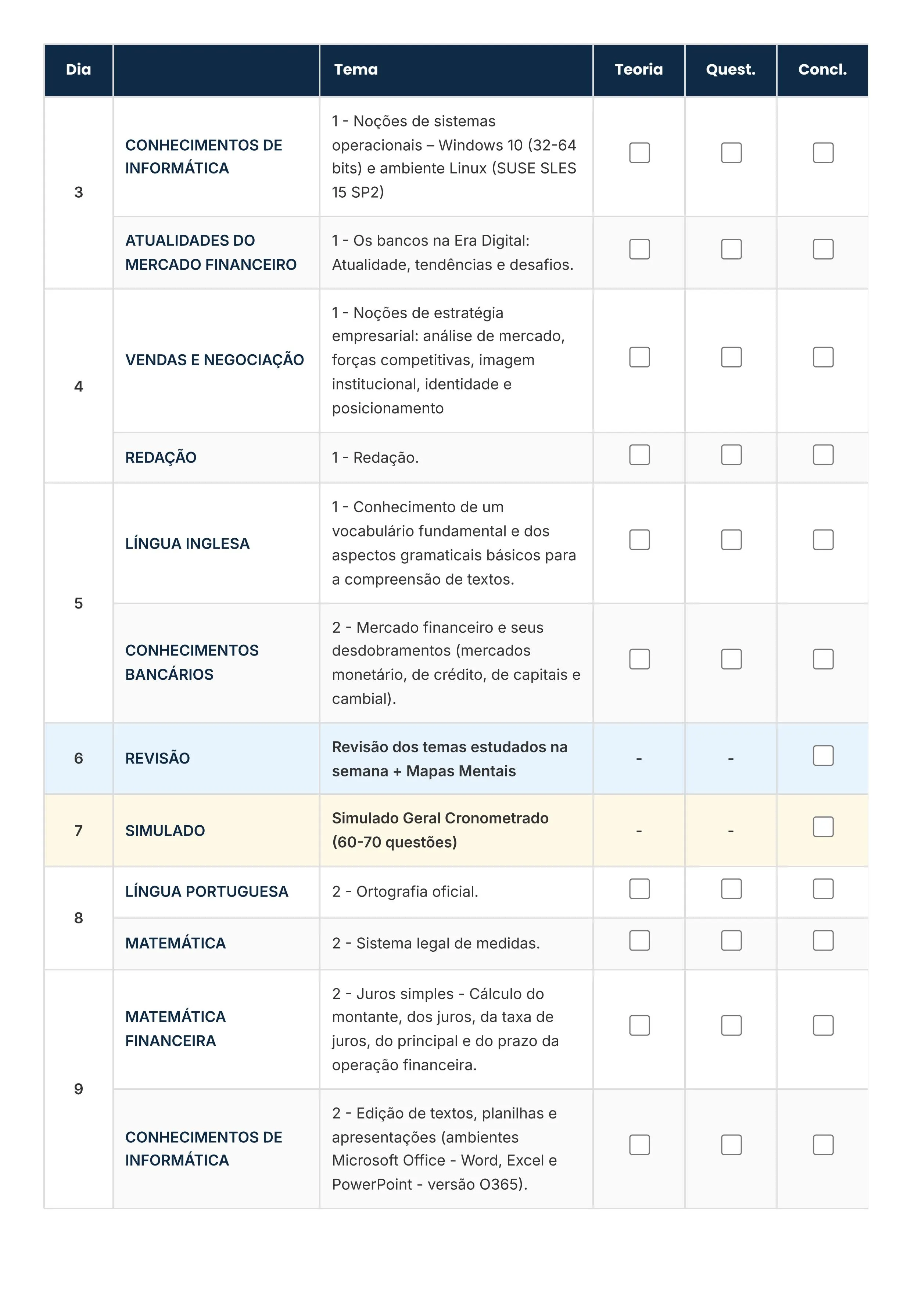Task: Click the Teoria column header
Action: (x=638, y=69)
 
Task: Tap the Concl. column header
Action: (x=822, y=69)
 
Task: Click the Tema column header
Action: (x=356, y=69)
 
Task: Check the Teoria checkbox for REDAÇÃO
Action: (x=639, y=455)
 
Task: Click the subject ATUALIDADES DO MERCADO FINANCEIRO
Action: (x=211, y=253)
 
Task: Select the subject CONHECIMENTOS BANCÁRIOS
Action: (x=191, y=663)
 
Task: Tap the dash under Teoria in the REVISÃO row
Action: (x=639, y=759)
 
